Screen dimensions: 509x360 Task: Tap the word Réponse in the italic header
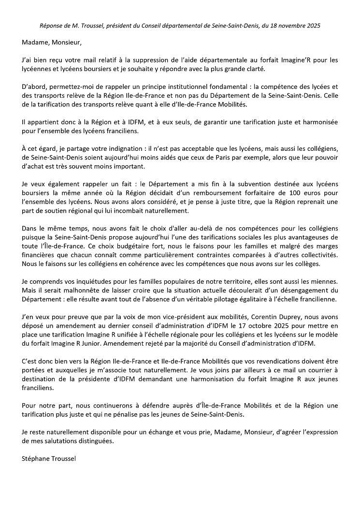click(51, 24)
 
